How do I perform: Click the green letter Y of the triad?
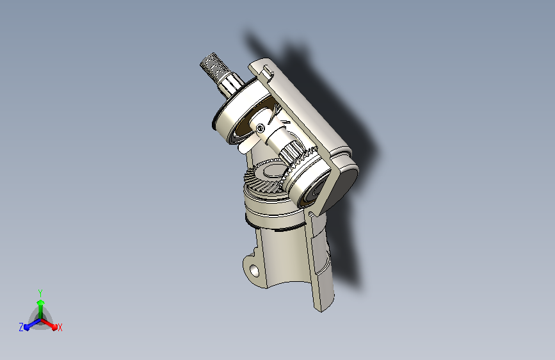pos(40,291)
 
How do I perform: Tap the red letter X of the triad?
pos(60,327)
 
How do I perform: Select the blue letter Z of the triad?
pos(21,327)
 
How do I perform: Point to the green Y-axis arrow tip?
pos(40,301)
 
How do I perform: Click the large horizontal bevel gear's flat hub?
pos(272,171)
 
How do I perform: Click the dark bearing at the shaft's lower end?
pos(313,193)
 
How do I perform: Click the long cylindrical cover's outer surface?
pos(314,115)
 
